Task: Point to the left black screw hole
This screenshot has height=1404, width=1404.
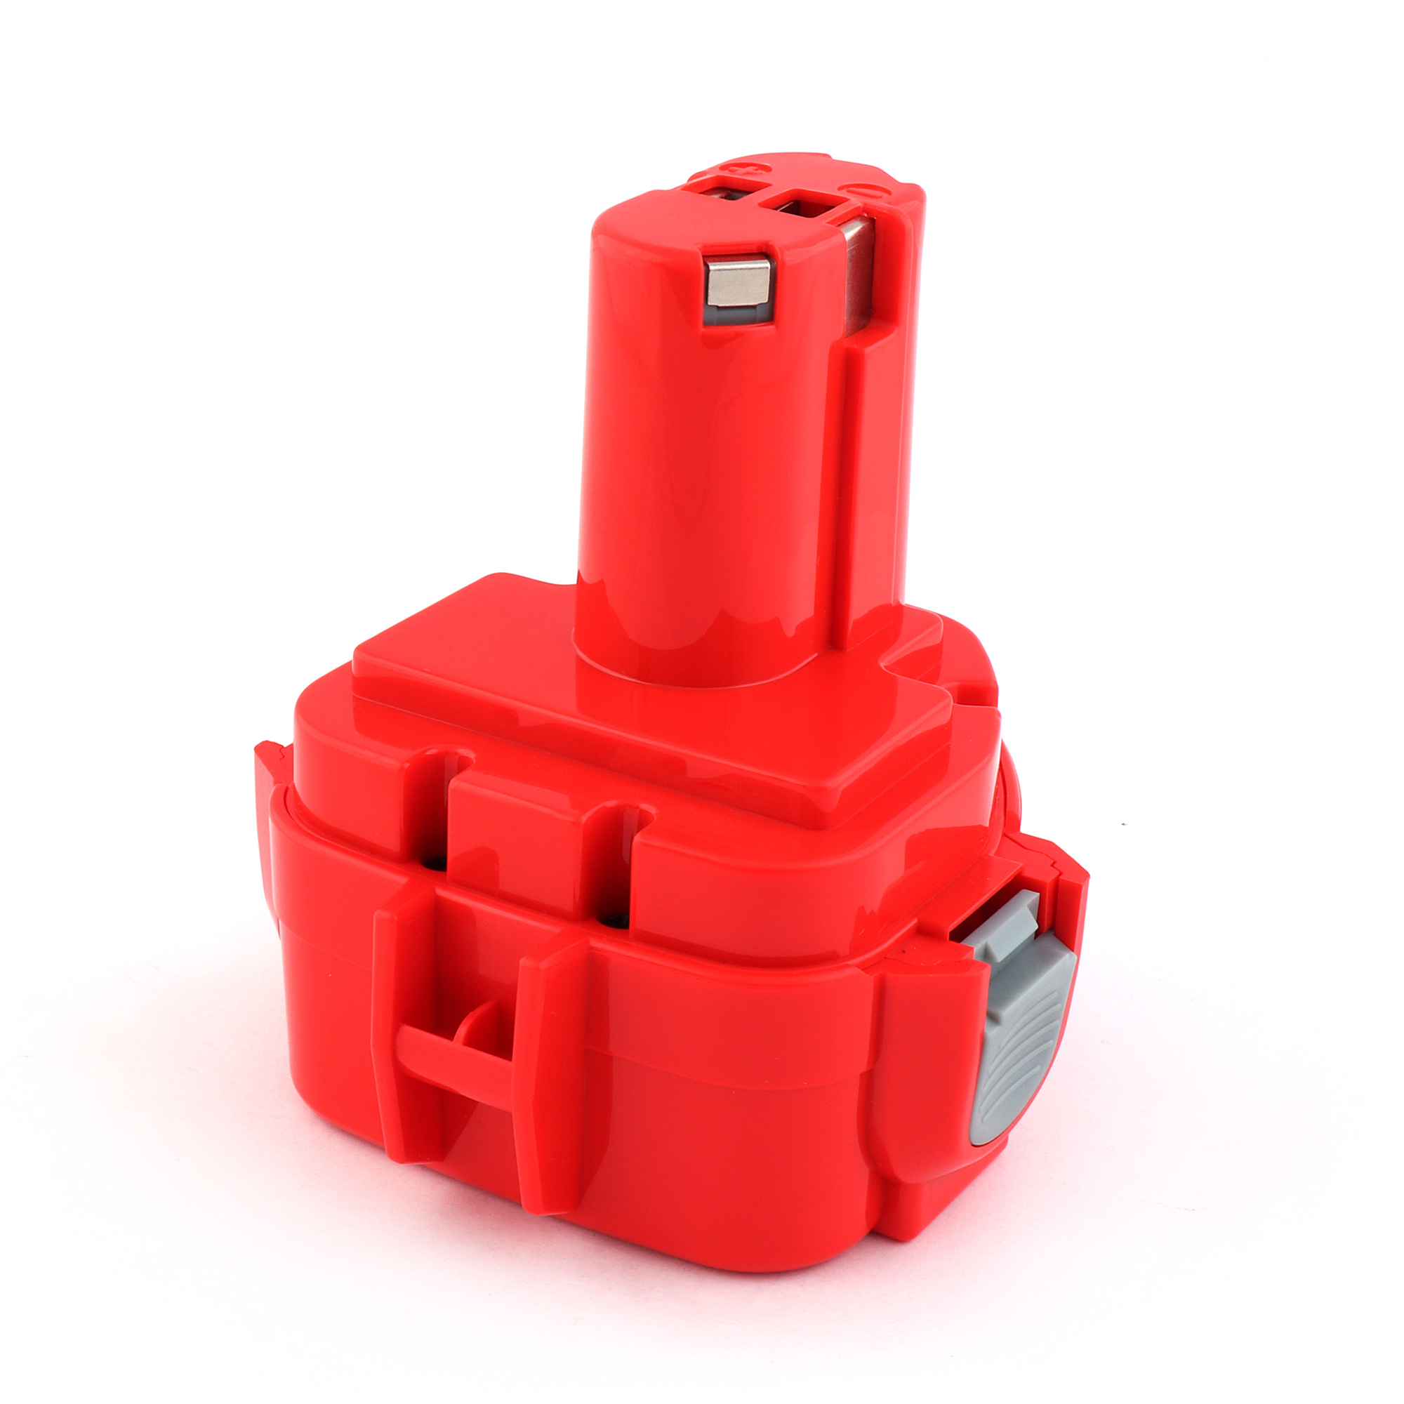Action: pos(437,863)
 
